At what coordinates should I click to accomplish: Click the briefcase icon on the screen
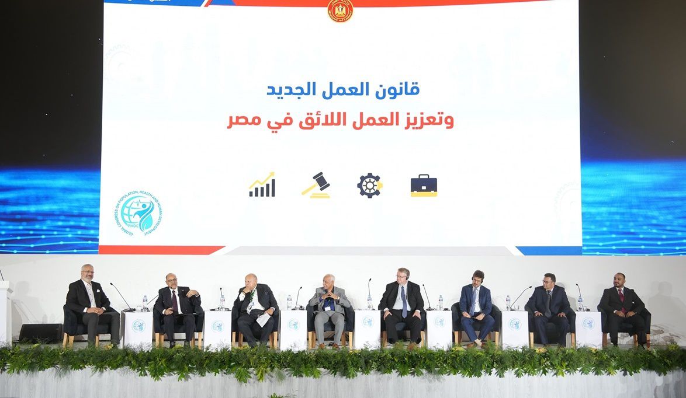coord(424,186)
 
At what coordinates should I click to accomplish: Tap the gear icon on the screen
coord(369,186)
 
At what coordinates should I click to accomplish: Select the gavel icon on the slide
coord(316,185)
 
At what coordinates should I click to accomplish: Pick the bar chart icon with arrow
coord(262,185)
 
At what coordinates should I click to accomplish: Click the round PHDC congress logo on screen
coord(138,214)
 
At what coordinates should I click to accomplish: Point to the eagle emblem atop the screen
coord(340,10)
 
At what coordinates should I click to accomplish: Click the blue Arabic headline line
coord(343,90)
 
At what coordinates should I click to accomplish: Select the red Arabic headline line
coord(340,120)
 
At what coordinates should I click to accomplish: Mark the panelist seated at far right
coord(622,306)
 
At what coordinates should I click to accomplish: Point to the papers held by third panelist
coord(264,320)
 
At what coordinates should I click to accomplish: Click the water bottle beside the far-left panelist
coord(145,303)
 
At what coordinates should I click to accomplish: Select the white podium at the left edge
coord(5,312)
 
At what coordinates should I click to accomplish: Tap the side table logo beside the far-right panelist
coord(587,323)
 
